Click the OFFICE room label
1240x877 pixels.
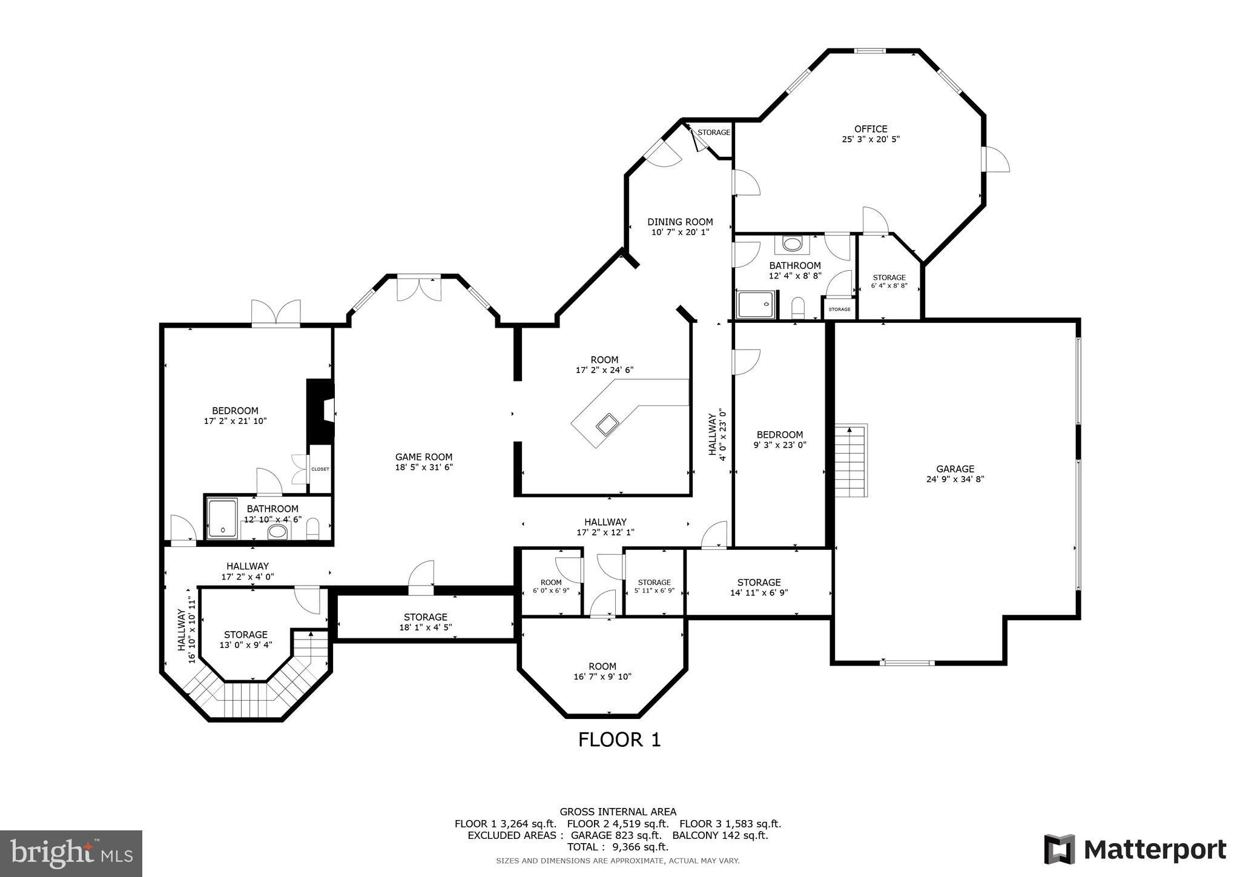(871, 129)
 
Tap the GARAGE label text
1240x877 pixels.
(955, 469)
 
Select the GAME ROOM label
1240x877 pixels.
(424, 457)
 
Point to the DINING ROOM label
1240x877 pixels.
(680, 222)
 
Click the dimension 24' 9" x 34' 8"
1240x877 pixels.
(955, 479)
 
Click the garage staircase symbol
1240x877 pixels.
(851, 460)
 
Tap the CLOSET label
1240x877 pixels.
(320, 469)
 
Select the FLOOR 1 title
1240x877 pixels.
(619, 740)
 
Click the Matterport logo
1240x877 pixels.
(1135, 849)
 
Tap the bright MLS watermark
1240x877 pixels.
(71, 853)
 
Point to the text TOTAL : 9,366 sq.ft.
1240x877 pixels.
(618, 847)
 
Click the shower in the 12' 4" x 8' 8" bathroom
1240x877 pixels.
(756, 304)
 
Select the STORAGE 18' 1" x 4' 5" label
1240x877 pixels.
(425, 622)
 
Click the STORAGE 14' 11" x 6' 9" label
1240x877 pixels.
(759, 587)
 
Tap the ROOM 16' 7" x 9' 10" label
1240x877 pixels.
(602, 671)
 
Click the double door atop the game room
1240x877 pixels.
(418, 288)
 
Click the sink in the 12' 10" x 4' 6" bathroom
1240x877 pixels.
(277, 532)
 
